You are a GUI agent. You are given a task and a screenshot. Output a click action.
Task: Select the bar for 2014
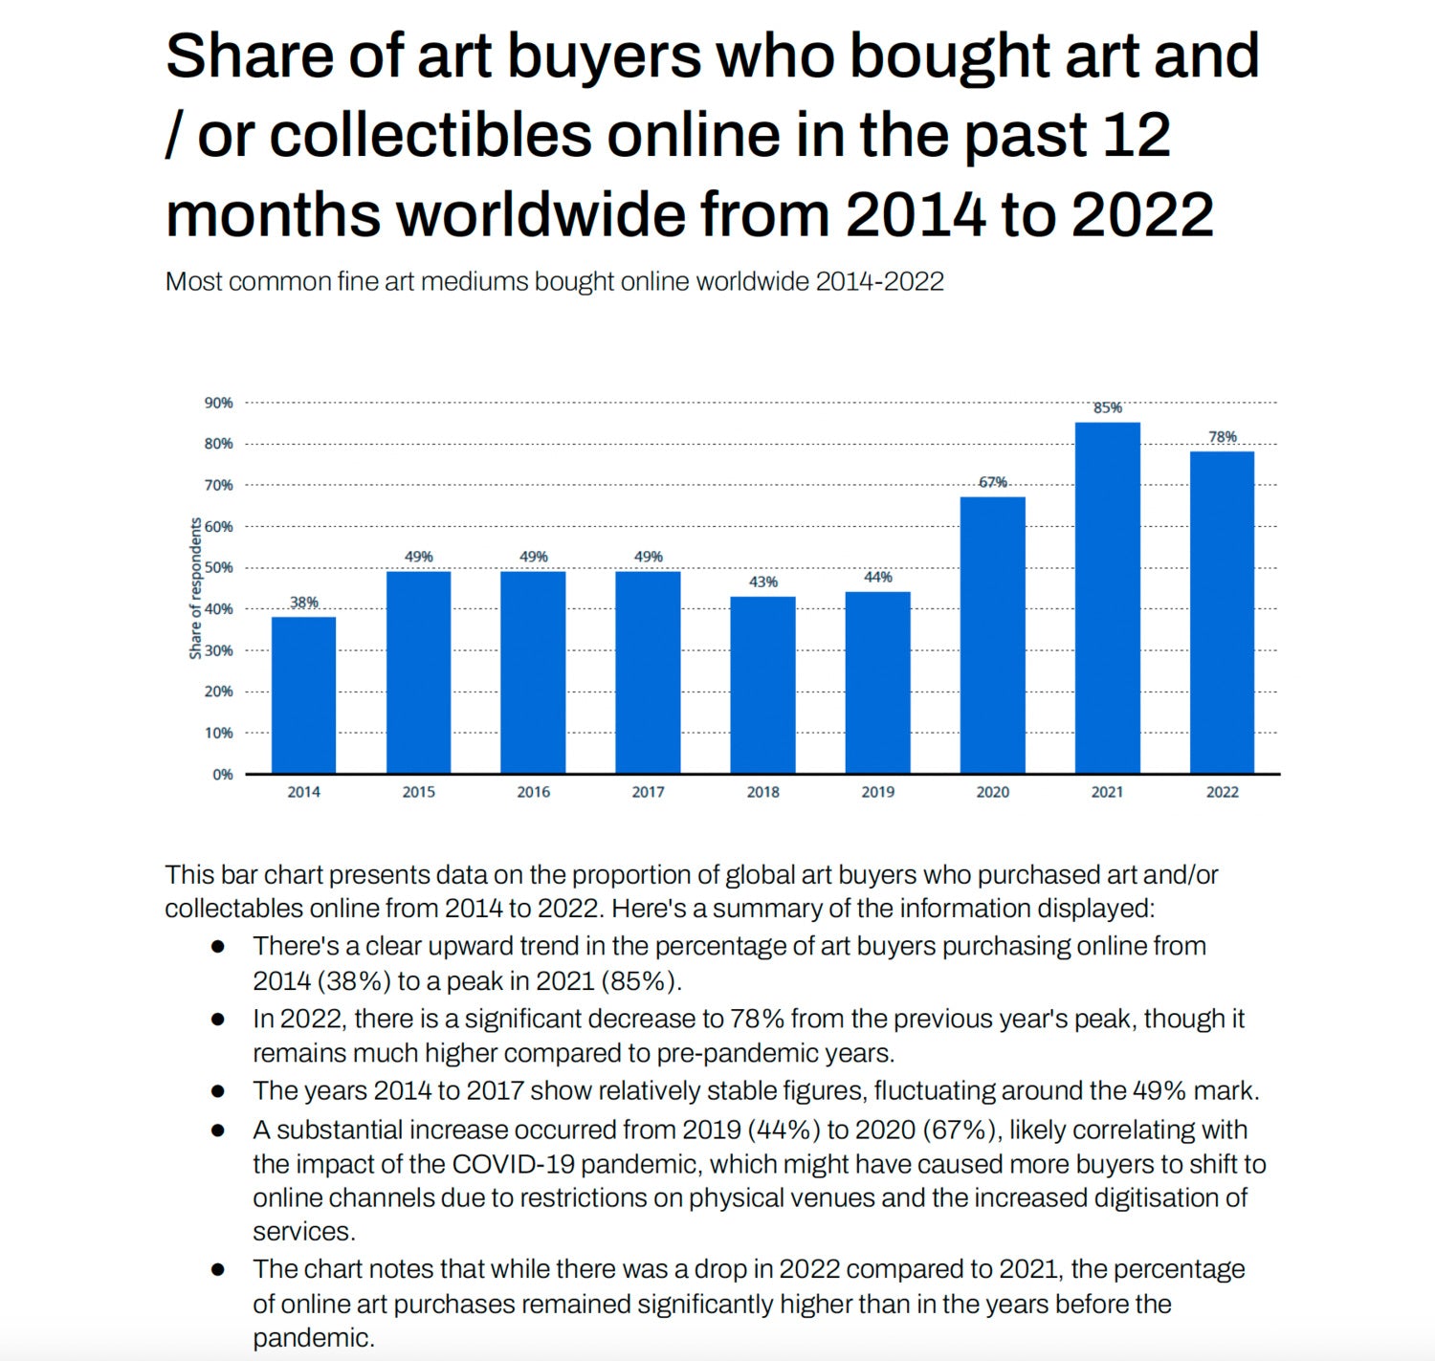pos(303,694)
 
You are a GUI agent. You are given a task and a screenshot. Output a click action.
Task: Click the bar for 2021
pos(1107,598)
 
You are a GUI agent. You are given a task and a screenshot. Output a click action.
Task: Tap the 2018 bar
pos(762,685)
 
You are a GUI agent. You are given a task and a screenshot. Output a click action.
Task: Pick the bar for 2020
pos(992,635)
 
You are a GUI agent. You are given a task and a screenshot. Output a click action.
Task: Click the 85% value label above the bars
pos(1107,408)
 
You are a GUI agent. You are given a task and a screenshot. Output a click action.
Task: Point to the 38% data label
pos(303,603)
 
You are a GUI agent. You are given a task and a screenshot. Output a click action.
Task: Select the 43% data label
pos(762,582)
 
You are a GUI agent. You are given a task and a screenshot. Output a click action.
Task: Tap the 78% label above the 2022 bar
pos(1222,437)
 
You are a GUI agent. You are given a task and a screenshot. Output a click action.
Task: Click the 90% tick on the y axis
pos(218,403)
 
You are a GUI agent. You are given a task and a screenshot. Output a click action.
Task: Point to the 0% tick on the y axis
pos(223,774)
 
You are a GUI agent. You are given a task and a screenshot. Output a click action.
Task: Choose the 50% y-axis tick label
pos(218,567)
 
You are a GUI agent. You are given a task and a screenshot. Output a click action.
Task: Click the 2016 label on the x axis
pos(533,792)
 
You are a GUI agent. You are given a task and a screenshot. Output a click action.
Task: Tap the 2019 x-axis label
pos(877,792)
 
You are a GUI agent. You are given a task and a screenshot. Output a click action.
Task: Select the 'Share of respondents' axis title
pos(196,588)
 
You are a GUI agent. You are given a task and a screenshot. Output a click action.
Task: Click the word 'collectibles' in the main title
pos(430,135)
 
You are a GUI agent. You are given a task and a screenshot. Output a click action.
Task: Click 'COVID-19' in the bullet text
pos(512,1164)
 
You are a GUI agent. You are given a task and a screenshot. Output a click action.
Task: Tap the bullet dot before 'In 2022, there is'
pos(218,1020)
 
